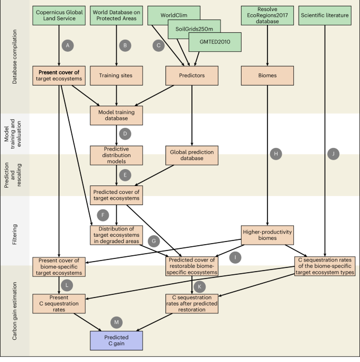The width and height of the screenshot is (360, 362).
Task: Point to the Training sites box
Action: point(116,76)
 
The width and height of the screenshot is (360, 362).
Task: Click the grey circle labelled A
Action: point(67,45)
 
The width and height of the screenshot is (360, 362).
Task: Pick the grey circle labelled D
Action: point(125,134)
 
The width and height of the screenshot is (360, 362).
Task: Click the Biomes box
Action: point(268,76)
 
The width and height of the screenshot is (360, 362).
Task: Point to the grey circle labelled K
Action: point(200,286)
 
